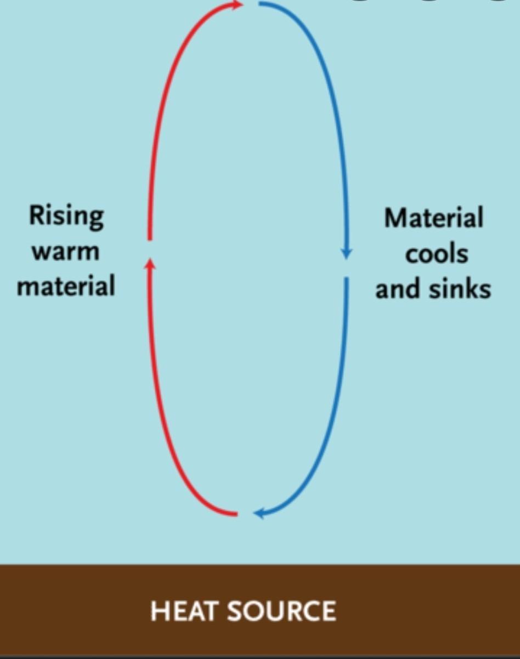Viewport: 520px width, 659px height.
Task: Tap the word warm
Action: tap(65, 252)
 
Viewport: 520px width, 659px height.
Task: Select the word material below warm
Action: tap(66, 286)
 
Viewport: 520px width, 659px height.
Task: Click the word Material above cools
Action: tap(433, 218)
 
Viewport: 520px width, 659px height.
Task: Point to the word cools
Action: tap(437, 253)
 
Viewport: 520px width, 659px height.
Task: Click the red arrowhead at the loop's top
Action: tap(238, 5)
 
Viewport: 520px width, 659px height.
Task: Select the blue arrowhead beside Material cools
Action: tap(346, 253)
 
